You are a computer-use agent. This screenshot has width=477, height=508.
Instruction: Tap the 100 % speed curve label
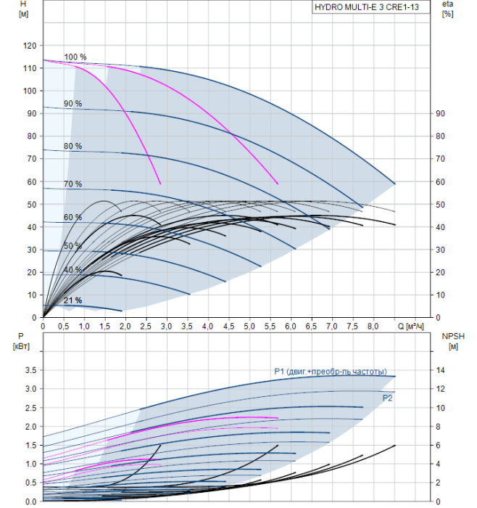coord(75,57)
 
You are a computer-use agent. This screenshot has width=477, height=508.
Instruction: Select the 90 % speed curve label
coord(72,104)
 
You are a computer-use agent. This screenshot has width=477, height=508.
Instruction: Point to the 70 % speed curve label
coord(72,184)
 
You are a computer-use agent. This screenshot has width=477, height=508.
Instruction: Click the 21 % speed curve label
coord(72,300)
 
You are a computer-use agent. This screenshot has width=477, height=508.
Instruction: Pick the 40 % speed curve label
coord(72,270)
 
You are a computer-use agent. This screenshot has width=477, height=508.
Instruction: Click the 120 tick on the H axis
coord(30,46)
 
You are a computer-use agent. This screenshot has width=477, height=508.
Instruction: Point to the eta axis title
coord(447,9)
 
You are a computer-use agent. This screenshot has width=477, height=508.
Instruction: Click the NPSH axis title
coord(451,341)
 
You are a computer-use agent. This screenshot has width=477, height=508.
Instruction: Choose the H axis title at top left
coord(25,9)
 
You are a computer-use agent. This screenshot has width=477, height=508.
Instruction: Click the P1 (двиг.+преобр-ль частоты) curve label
coord(330,372)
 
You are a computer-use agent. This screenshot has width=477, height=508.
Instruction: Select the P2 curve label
coord(387,398)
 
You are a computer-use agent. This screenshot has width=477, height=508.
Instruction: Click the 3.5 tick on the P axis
coord(30,370)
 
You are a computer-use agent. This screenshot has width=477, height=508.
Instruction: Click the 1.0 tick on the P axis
coord(30,464)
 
